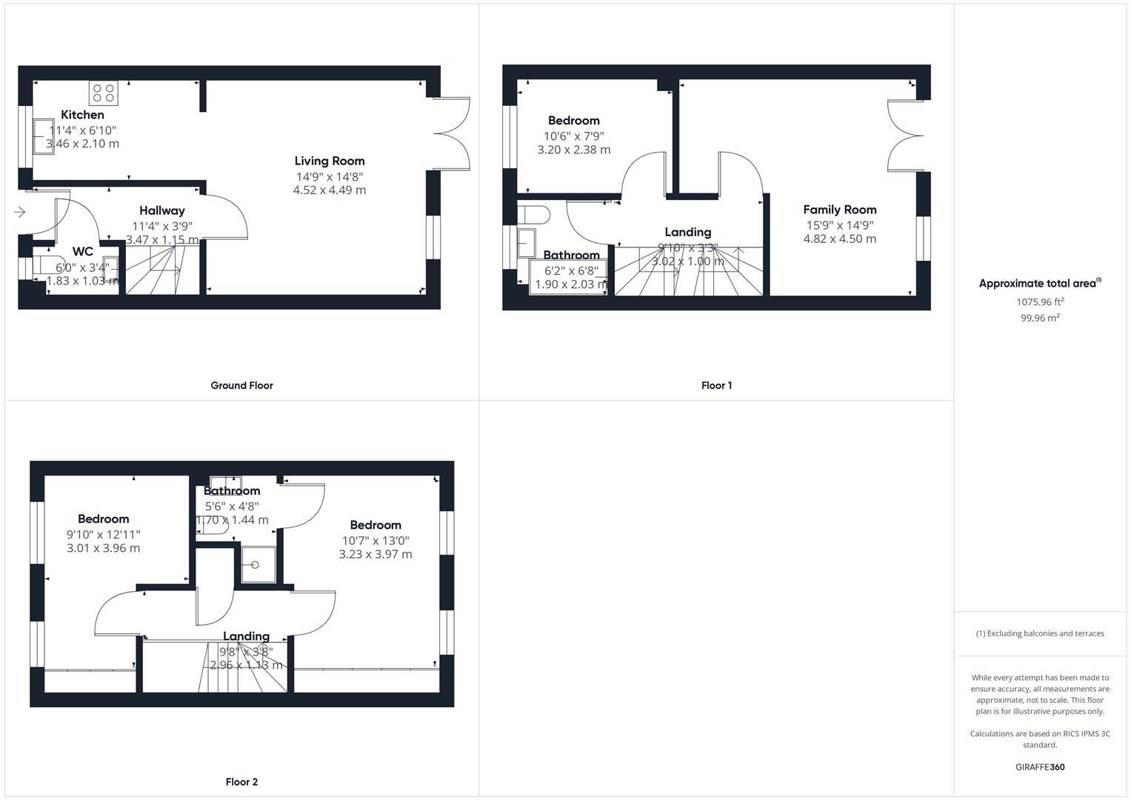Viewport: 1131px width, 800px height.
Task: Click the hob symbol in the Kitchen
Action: tap(104, 93)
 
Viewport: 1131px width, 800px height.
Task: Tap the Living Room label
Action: tap(330, 161)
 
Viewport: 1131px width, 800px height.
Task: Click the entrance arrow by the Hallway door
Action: tap(19, 213)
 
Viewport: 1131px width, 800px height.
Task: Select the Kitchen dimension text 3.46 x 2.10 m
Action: tap(82, 144)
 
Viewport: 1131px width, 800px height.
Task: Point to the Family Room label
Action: tap(840, 210)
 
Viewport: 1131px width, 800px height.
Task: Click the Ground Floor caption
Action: tap(241, 385)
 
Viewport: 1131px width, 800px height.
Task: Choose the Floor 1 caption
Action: tap(716, 385)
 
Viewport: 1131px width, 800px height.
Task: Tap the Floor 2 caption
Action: tap(241, 781)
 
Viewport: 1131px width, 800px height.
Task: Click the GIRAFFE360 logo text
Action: tap(1040, 767)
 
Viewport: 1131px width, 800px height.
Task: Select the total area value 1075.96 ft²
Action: tap(1040, 301)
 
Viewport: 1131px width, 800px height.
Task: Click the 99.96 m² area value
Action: tap(1040, 318)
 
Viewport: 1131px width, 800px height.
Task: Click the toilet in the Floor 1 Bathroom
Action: tap(534, 215)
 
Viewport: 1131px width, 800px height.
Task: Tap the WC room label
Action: tap(83, 252)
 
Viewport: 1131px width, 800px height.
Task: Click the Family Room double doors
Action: tap(905, 136)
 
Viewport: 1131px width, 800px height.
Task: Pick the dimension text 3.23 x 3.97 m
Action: tap(376, 554)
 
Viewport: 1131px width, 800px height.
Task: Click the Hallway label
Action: tap(162, 211)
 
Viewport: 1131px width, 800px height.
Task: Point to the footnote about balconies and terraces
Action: tap(1040, 633)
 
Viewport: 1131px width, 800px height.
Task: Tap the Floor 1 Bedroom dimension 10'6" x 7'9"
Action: tap(574, 136)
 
